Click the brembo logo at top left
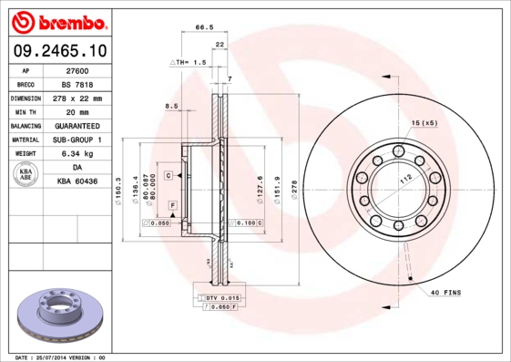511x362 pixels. coord(56,20)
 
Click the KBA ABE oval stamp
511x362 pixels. coord(26,175)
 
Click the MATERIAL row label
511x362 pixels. coord(25,140)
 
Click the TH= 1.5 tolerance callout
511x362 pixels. coord(189,61)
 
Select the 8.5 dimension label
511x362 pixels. coord(171,107)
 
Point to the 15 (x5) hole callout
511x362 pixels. coord(424,122)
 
